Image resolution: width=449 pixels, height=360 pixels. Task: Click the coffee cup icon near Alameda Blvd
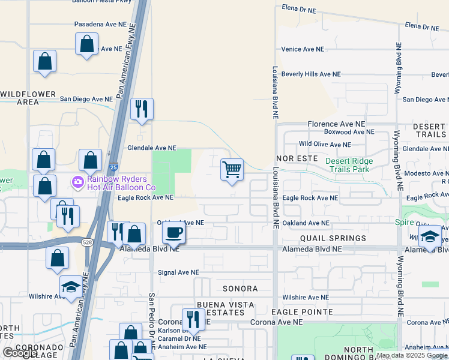173,233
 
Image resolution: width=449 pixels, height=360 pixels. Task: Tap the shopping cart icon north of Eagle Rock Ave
232,170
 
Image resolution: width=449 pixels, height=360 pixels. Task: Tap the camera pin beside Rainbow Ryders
77,181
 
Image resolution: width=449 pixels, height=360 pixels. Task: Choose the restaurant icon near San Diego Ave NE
142,109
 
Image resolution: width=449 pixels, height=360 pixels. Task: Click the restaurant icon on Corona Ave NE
192,319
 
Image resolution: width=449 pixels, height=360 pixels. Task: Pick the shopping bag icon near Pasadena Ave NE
86,44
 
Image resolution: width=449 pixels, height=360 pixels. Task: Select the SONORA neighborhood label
240,289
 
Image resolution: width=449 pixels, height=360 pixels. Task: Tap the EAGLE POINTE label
301,312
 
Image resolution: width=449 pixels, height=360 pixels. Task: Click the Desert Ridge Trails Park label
349,165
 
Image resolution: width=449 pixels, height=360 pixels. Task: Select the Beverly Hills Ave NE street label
311,74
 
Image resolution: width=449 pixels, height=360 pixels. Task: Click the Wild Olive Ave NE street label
325,145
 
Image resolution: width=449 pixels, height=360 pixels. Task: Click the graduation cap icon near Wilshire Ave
71,287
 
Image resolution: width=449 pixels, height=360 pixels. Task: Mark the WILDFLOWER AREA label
28,98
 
